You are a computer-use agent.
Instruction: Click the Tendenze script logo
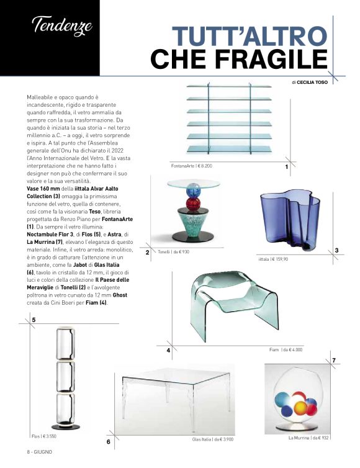pos(62,26)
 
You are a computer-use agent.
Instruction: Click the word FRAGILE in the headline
pos(271,58)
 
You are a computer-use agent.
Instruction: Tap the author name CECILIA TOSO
pos(312,83)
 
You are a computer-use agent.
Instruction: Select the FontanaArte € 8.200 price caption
pos(192,166)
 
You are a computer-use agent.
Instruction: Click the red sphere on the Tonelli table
pos(194,204)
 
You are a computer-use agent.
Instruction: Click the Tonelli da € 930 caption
pos(173,252)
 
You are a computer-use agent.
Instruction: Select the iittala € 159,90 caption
pos(273,259)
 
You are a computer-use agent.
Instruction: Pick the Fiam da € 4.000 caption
pos(286,349)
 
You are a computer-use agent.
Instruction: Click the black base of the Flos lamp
pos(66,426)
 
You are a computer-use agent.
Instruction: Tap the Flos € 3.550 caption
pos(44,436)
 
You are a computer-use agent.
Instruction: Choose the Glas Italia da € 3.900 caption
pos(213,439)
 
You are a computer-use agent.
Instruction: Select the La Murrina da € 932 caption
pos(308,438)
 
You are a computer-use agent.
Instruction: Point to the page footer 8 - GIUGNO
pos(39,452)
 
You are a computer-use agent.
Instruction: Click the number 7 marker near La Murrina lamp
pos(334,360)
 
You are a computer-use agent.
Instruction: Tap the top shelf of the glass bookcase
pos(229,86)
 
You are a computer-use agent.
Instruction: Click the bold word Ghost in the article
pos(120,295)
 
